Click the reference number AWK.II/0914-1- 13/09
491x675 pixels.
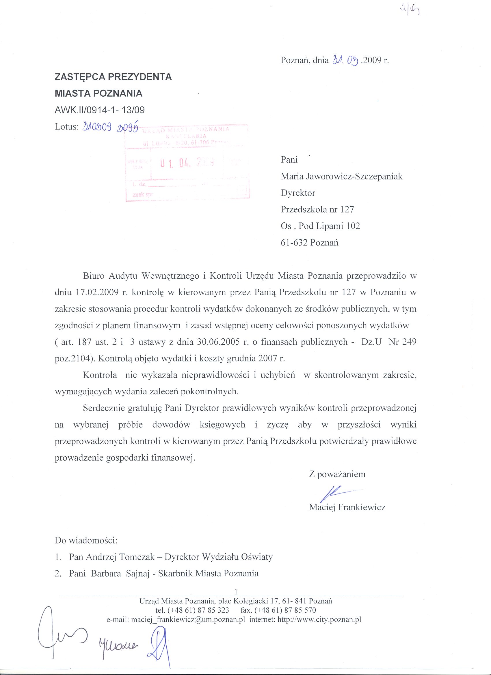click(100, 110)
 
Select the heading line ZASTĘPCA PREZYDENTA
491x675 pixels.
click(113, 77)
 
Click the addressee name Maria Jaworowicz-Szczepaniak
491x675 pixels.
click(341, 177)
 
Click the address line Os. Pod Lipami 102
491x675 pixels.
click(320, 226)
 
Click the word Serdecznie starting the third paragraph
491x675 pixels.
click(103, 408)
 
